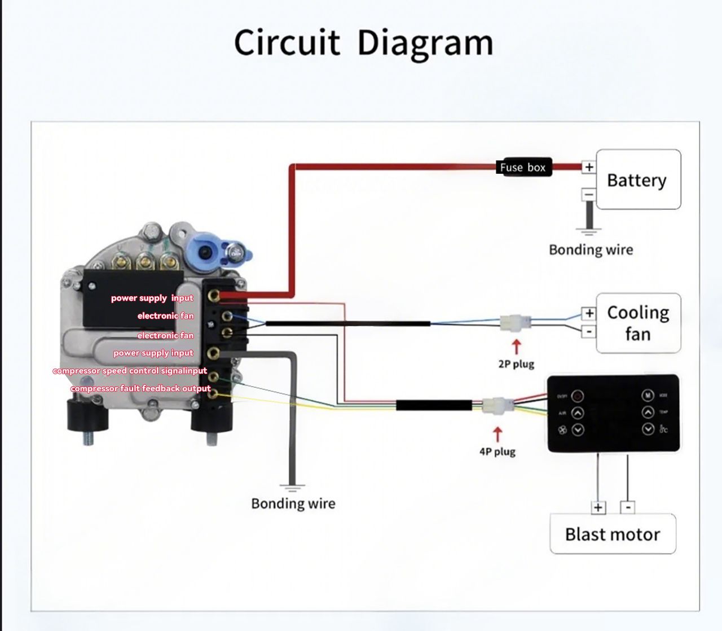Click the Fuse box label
(523, 167)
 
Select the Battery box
(638, 179)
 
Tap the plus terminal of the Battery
(589, 167)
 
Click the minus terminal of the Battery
(589, 195)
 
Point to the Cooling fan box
(638, 323)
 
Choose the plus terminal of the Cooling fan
(589, 313)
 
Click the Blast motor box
(613, 534)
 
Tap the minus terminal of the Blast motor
(628, 507)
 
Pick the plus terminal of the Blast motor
(598, 507)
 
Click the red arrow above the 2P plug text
(516, 346)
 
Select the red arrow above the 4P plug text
(498, 434)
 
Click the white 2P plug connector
(515, 323)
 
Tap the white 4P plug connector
(497, 406)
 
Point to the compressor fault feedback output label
(140, 388)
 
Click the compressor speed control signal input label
(130, 371)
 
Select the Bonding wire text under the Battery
(591, 249)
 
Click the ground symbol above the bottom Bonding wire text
(292, 486)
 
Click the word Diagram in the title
(425, 43)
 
